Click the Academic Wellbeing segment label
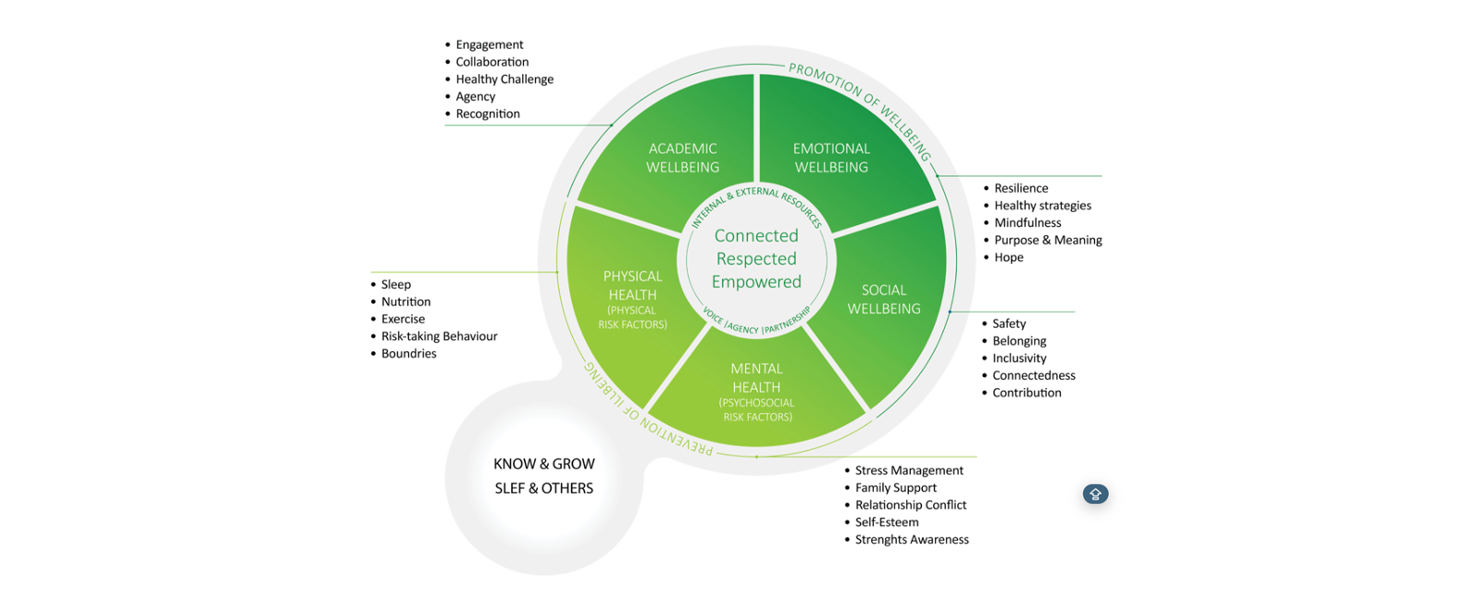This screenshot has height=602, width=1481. pyautogui.click(x=682, y=157)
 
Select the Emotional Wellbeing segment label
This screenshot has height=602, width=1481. pyautogui.click(x=831, y=157)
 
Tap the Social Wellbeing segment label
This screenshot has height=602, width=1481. pyautogui.click(x=884, y=299)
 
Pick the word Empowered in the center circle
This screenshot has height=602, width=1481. pyautogui.click(x=756, y=282)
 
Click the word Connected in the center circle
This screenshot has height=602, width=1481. pyautogui.click(x=756, y=235)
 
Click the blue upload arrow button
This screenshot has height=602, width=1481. pyautogui.click(x=1096, y=495)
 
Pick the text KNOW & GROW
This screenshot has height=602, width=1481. pyautogui.click(x=544, y=464)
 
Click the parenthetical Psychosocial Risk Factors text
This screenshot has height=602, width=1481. pyautogui.click(x=757, y=409)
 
